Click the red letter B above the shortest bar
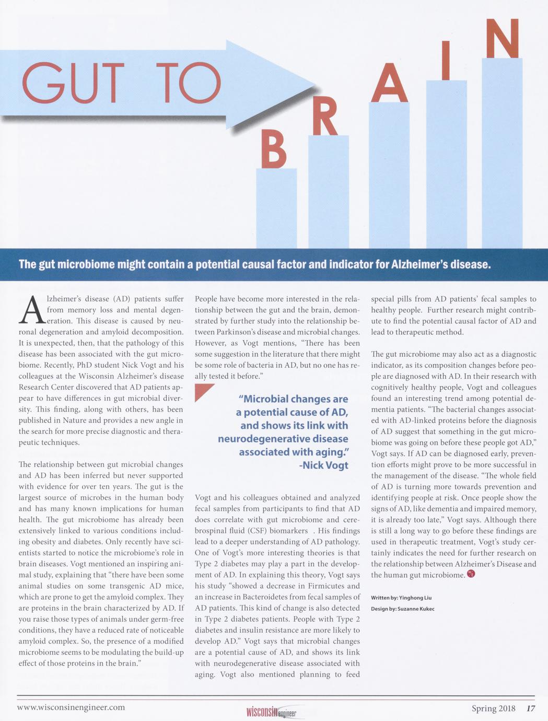274,149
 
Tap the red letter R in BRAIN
324,117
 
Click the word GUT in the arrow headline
74,83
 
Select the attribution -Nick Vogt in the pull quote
323,465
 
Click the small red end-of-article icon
471,574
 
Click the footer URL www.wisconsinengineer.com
71,707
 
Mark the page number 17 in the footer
531,708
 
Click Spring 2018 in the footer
493,708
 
